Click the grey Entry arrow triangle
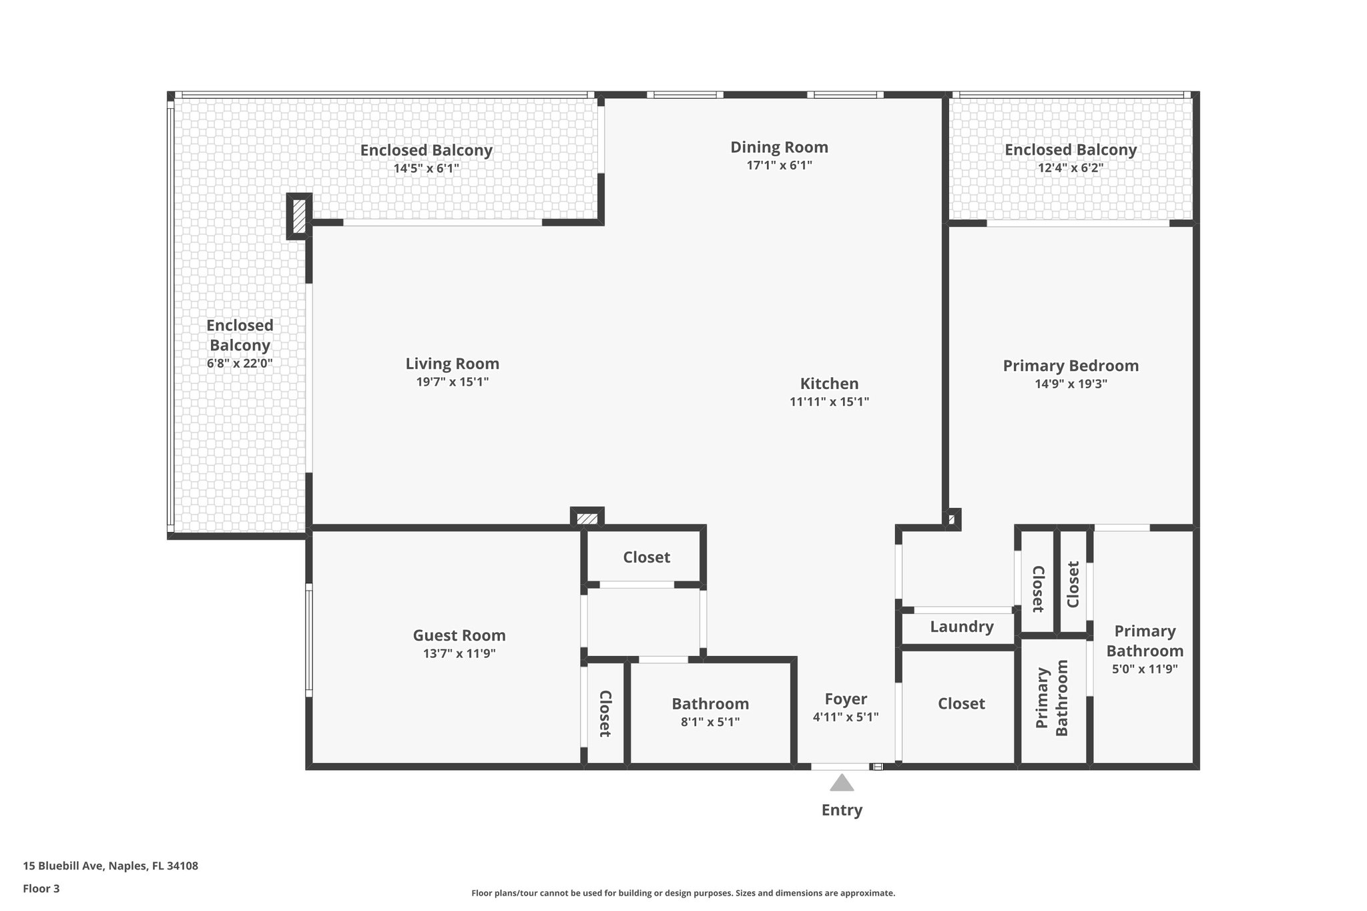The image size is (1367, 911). pos(842,783)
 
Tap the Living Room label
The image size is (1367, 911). pos(452,364)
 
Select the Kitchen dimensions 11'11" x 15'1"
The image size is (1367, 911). pos(829,402)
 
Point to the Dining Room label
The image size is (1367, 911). pos(779,147)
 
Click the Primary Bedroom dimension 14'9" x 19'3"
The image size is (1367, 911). pos(1071,384)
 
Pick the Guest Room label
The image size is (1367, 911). pos(459,635)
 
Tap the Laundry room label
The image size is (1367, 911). pos(961,627)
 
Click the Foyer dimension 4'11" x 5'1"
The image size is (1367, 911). pos(846,717)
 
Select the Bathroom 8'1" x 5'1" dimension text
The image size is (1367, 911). pos(710,721)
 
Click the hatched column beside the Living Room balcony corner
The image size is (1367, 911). pos(300,216)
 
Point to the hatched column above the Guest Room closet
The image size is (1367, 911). pos(587,518)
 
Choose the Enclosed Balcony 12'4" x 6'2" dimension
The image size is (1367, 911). pos(1070,168)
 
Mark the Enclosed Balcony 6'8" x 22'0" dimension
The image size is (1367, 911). pos(240,364)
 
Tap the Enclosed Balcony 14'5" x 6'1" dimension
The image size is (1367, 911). pos(426,168)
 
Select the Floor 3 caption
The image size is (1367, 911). pos(41,888)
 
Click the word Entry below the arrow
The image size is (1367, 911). pos(842,810)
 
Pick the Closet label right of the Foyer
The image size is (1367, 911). pos(961,703)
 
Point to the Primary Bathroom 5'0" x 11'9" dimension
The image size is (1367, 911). pos(1145,669)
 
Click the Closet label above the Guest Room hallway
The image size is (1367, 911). pos(646,557)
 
